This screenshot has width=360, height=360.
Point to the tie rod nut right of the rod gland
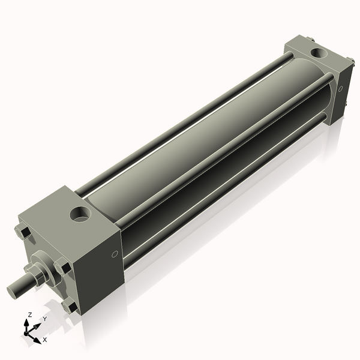(62, 266)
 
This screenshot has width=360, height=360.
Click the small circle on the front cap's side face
(114, 254)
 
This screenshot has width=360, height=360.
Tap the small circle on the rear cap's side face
(340, 89)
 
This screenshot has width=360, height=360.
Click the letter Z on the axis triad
(30, 314)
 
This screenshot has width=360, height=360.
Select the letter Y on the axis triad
(44, 319)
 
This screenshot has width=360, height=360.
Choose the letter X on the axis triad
(44, 340)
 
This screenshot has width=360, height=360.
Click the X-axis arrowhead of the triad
(37, 336)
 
